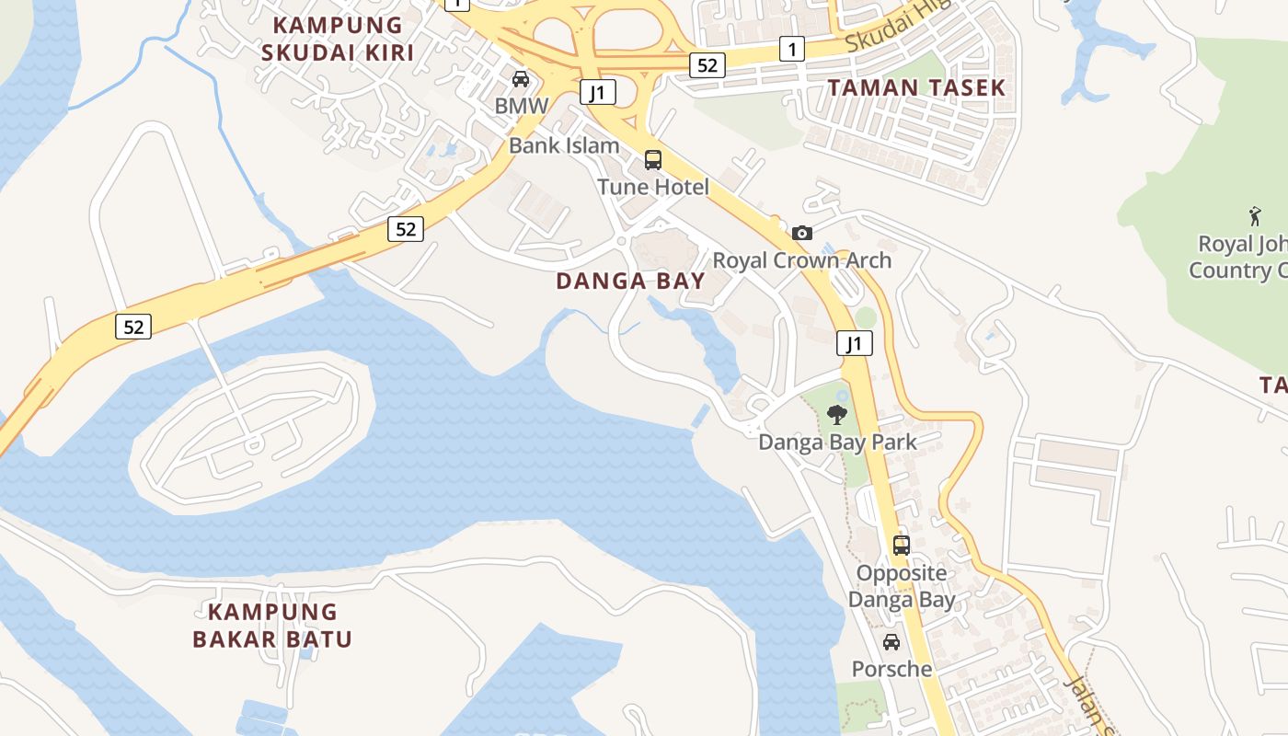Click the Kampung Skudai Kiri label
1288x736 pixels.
pyautogui.click(x=338, y=39)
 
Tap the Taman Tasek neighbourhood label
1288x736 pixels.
pyautogui.click(x=915, y=88)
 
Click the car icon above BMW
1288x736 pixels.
pyautogui.click(x=521, y=79)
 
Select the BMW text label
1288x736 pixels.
pyautogui.click(x=521, y=106)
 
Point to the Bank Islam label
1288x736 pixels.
pyautogui.click(x=564, y=145)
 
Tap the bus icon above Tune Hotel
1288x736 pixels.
pyautogui.click(x=653, y=160)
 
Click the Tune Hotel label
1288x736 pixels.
pyautogui.click(x=653, y=188)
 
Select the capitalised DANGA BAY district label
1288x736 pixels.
pyautogui.click(x=630, y=282)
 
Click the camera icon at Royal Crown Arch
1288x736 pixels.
pyautogui.click(x=802, y=233)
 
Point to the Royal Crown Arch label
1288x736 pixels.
pyautogui.click(x=802, y=260)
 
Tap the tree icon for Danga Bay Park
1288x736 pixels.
pyautogui.click(x=837, y=415)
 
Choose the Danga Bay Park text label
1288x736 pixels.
pyautogui.click(x=837, y=443)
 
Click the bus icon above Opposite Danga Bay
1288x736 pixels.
pyautogui.click(x=902, y=545)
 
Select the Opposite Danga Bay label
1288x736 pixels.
pyautogui.click(x=902, y=586)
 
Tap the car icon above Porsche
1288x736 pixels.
pyautogui.click(x=891, y=642)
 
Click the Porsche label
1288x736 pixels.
pyautogui.click(x=891, y=669)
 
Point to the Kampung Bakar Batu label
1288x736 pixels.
pyautogui.click(x=272, y=625)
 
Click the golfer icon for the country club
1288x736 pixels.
pyautogui.click(x=1256, y=216)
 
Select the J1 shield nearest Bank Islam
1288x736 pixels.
pyautogui.click(x=598, y=92)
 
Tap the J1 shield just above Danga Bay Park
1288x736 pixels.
pyautogui.click(x=855, y=344)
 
